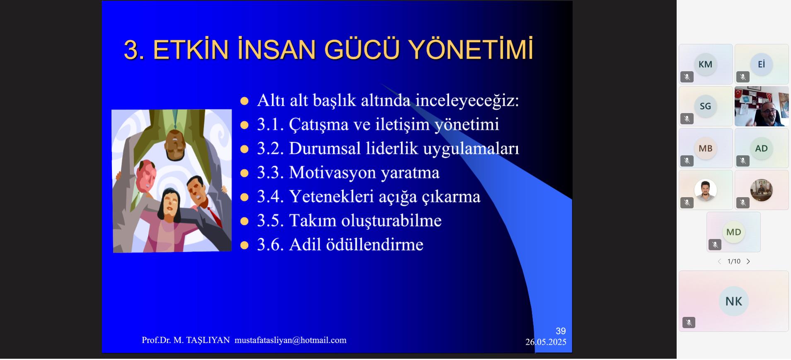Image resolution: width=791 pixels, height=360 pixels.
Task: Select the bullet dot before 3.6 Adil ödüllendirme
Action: [244, 245]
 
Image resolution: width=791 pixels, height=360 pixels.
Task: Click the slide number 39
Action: [561, 331]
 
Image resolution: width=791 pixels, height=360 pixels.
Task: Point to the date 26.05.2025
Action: [546, 342]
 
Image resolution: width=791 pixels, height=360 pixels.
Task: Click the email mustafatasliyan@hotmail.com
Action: [290, 340]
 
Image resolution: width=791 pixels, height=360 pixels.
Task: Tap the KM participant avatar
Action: [705, 64]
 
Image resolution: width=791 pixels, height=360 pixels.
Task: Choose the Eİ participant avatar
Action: [761, 64]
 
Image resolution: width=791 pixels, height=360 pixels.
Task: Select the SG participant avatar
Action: [705, 106]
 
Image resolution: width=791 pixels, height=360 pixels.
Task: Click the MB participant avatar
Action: [705, 148]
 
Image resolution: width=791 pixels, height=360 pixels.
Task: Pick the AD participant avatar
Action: [761, 148]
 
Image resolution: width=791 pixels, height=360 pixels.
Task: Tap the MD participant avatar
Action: [733, 232]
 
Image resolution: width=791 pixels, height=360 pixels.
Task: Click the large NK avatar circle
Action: [734, 301]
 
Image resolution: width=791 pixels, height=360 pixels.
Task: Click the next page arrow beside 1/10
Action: [748, 261]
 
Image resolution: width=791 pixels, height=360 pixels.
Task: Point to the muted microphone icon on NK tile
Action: [689, 322]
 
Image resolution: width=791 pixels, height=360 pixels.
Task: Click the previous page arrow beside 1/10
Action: [719, 261]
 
